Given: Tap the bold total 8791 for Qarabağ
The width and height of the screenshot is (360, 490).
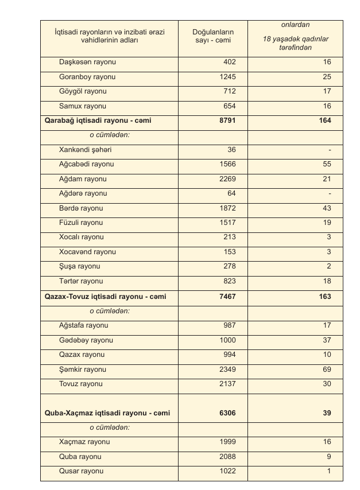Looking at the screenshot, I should pos(226,121).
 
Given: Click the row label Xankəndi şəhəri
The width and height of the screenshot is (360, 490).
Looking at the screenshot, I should pos(85,150).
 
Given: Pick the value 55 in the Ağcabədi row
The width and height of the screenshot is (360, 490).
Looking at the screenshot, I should pos(326,164).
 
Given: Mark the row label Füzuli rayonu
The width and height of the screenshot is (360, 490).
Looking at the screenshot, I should pos(81,223).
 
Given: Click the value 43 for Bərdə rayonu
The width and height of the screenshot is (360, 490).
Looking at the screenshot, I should pos(326,208).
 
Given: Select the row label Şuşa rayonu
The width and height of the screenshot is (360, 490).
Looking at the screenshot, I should pos(80,267).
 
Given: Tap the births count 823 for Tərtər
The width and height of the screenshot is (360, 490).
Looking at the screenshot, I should pos(229,281).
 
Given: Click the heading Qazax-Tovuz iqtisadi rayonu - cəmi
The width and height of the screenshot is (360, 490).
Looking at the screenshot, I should pos(101,297).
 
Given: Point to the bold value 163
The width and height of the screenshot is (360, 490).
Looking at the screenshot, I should pos(324,297).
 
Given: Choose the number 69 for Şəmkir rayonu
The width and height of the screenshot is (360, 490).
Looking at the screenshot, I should pos(326,370).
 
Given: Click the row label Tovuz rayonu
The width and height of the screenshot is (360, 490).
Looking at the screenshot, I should pos(81,384).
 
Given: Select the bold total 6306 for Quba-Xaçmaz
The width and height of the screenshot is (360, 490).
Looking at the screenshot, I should pos(226,413).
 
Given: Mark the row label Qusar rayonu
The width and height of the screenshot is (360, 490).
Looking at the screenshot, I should pos(81,471).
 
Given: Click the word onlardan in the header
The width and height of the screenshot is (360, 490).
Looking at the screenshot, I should pos(295,25).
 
